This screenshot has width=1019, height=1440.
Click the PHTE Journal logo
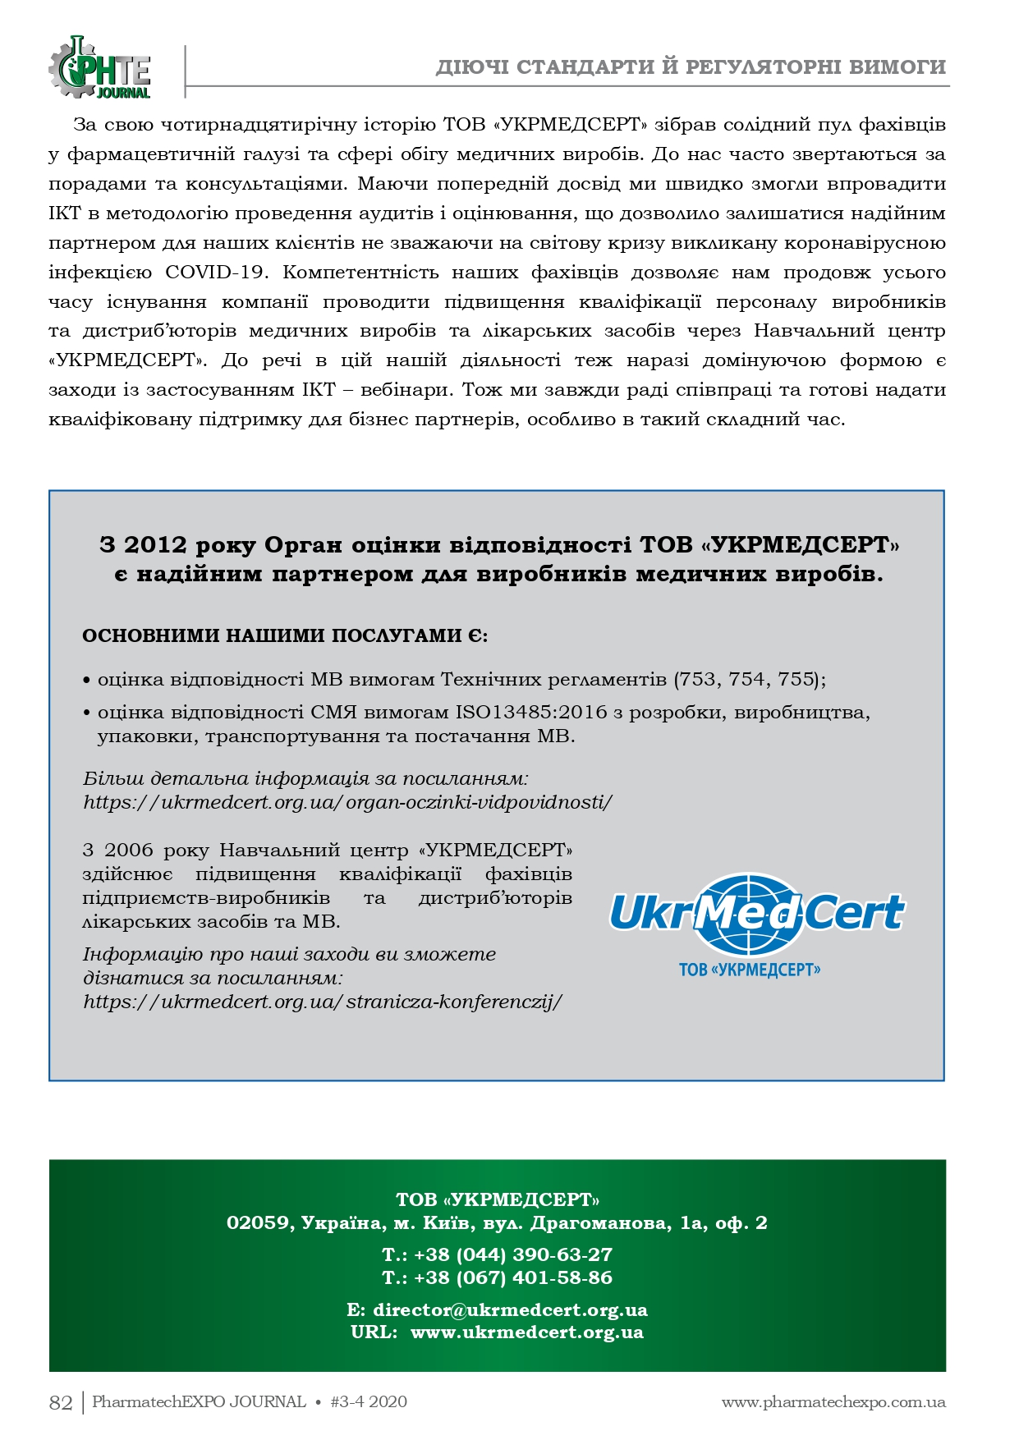click(x=99, y=69)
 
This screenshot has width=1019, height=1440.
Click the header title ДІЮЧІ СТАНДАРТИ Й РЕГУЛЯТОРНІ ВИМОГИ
click(x=691, y=67)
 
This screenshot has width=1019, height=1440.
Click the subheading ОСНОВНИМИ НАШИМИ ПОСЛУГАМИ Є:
click(x=285, y=635)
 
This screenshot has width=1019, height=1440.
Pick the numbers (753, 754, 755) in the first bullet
click(x=749, y=679)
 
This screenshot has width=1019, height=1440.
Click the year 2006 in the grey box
click(x=129, y=850)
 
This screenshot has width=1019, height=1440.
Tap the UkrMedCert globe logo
click(x=756, y=913)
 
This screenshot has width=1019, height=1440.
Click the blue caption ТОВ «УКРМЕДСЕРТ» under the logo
click(x=750, y=970)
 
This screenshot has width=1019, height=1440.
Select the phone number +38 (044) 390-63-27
click(x=512, y=1254)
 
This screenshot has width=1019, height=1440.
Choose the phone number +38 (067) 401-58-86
click(x=512, y=1277)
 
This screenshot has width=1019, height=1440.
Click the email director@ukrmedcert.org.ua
click(x=509, y=1309)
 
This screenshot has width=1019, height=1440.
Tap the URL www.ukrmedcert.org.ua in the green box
click(x=526, y=1332)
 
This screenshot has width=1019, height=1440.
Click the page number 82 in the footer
click(x=61, y=1402)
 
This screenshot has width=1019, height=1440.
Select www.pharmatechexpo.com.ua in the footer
click(x=833, y=1402)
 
